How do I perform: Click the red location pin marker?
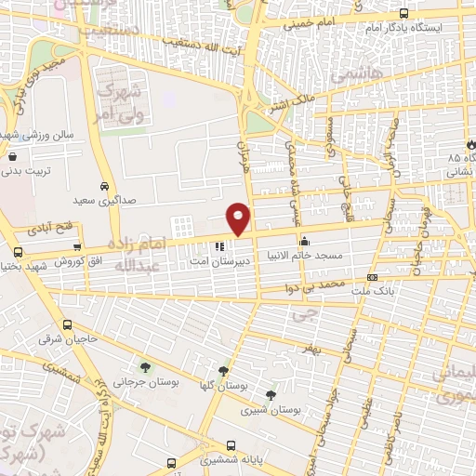pyautogui.click(x=239, y=218)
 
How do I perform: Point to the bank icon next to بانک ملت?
pyautogui.click(x=373, y=276)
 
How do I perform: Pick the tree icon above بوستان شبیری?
pyautogui.click(x=271, y=394)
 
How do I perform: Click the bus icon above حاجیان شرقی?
pyautogui.click(x=67, y=325)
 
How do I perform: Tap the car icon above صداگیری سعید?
pyautogui.click(x=108, y=185)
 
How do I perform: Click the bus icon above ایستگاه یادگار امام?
pyautogui.click(x=403, y=13)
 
